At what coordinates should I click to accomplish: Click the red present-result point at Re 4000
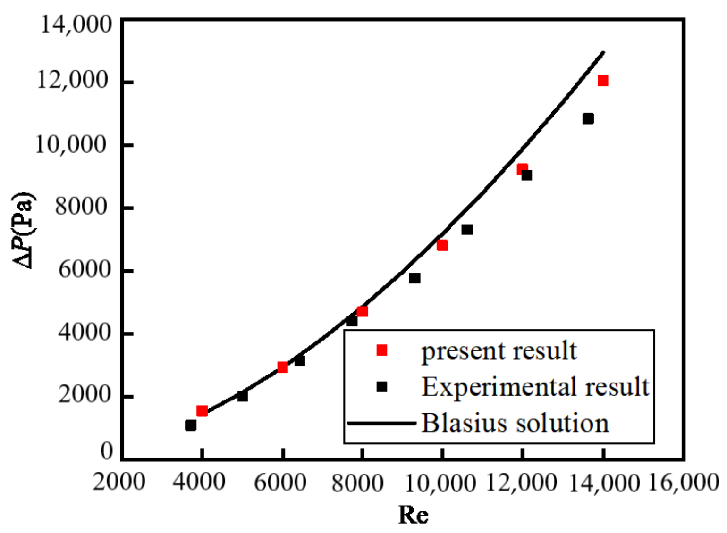[202, 411]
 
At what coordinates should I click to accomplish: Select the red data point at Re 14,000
[603, 81]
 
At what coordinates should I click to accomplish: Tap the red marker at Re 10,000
[442, 245]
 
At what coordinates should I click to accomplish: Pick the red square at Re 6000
[282, 367]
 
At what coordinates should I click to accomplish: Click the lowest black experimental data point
[191, 425]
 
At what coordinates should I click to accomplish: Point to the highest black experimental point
[588, 118]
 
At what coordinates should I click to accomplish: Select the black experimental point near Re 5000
[242, 396]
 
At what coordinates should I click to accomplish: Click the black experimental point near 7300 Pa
[467, 230]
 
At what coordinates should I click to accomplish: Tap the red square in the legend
[381, 350]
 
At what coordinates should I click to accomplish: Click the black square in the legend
[381, 387]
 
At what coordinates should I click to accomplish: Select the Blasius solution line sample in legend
[381, 423]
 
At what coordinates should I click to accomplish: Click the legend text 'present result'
[499, 351]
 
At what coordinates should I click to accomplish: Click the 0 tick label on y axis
[107, 451]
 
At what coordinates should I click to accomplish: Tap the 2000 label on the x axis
[119, 482]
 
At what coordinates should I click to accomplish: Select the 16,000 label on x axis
[684, 482]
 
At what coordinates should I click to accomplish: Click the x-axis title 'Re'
[414, 514]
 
